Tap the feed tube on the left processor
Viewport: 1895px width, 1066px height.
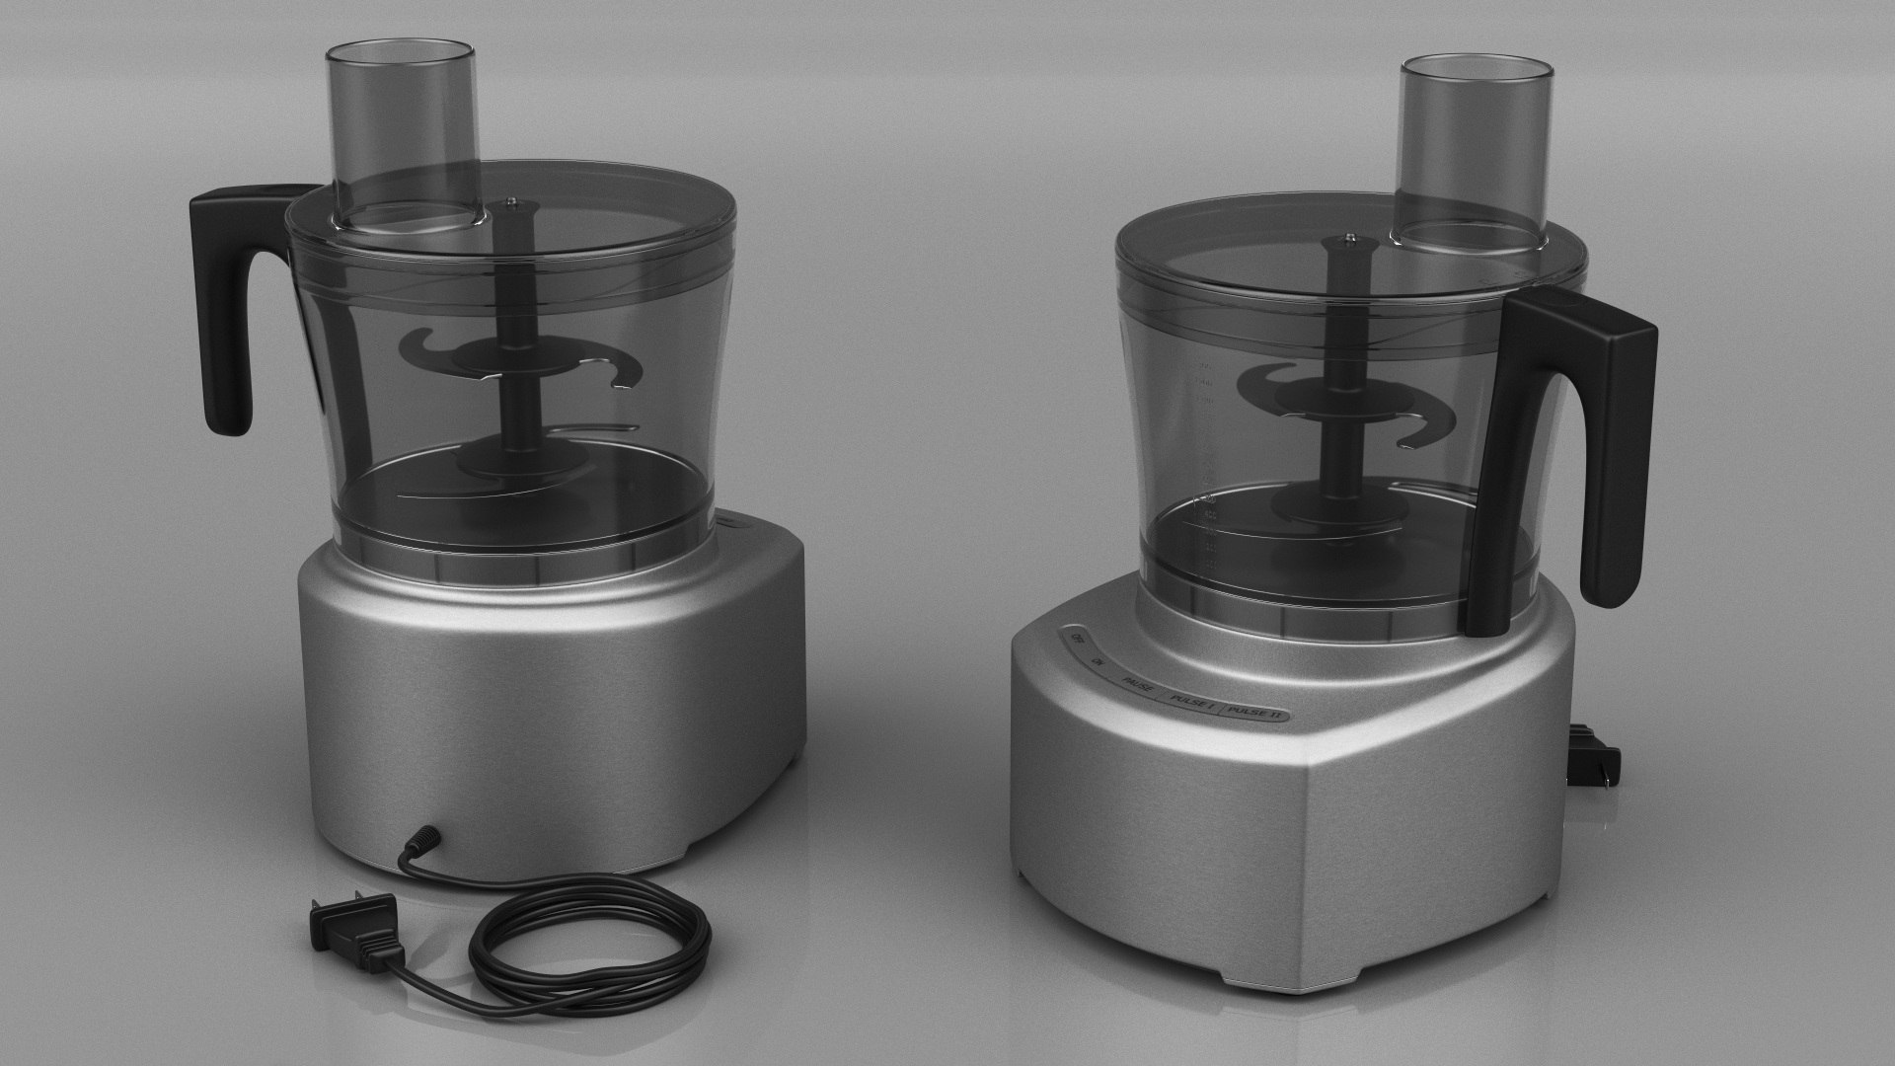(402, 118)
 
